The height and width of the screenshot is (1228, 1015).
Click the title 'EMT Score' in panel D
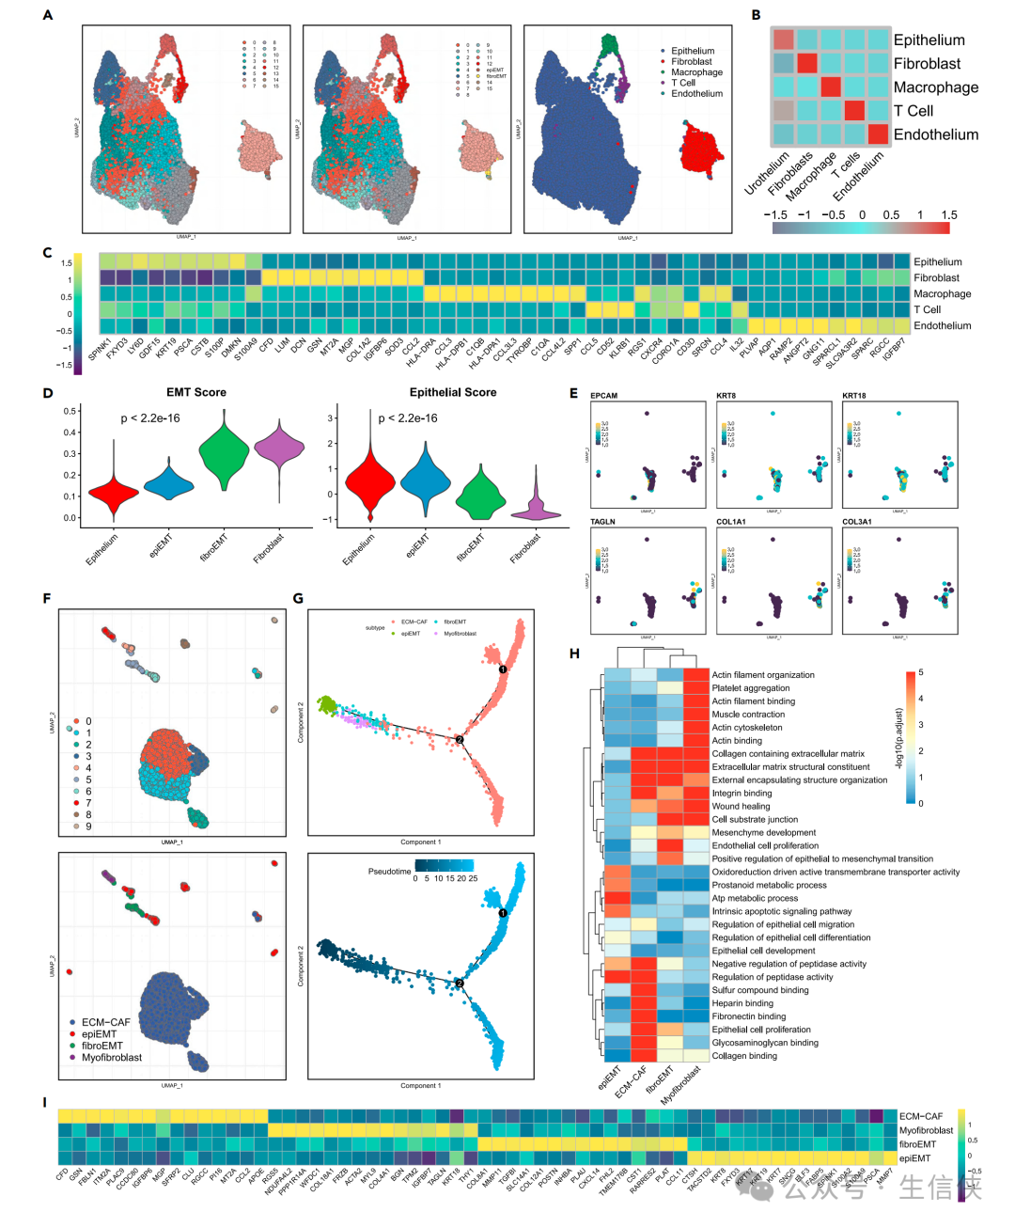pyautogui.click(x=196, y=392)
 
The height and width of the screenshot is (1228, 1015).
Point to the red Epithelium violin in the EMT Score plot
pyautogui.click(x=114, y=491)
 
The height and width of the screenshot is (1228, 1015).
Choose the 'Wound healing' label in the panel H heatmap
pyautogui.click(x=741, y=806)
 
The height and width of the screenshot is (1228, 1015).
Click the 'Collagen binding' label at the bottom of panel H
pyautogui.click(x=744, y=1056)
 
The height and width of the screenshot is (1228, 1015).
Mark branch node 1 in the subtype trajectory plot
pyautogui.click(x=503, y=669)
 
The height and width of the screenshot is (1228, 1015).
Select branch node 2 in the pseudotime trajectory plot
pyautogui.click(x=460, y=984)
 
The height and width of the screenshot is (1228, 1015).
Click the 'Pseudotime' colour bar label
pyautogui.click(x=389, y=872)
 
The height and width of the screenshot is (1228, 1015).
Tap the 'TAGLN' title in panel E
pyautogui.click(x=602, y=521)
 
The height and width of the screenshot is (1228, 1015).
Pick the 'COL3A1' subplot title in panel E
pyautogui.click(x=856, y=521)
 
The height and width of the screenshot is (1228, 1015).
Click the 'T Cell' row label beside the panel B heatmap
pyautogui.click(x=913, y=111)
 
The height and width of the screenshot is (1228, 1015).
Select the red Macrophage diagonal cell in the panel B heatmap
pyautogui.click(x=831, y=87)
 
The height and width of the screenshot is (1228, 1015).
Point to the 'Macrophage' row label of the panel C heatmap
pyautogui.click(x=942, y=294)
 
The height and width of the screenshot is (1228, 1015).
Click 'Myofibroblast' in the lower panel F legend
pyautogui.click(x=112, y=1058)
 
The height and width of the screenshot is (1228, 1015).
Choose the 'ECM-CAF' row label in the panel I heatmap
pyautogui.click(x=922, y=1116)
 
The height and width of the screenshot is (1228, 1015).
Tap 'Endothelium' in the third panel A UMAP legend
pyautogui.click(x=696, y=94)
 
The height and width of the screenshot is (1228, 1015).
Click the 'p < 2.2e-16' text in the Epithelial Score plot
pyautogui.click(x=407, y=418)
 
